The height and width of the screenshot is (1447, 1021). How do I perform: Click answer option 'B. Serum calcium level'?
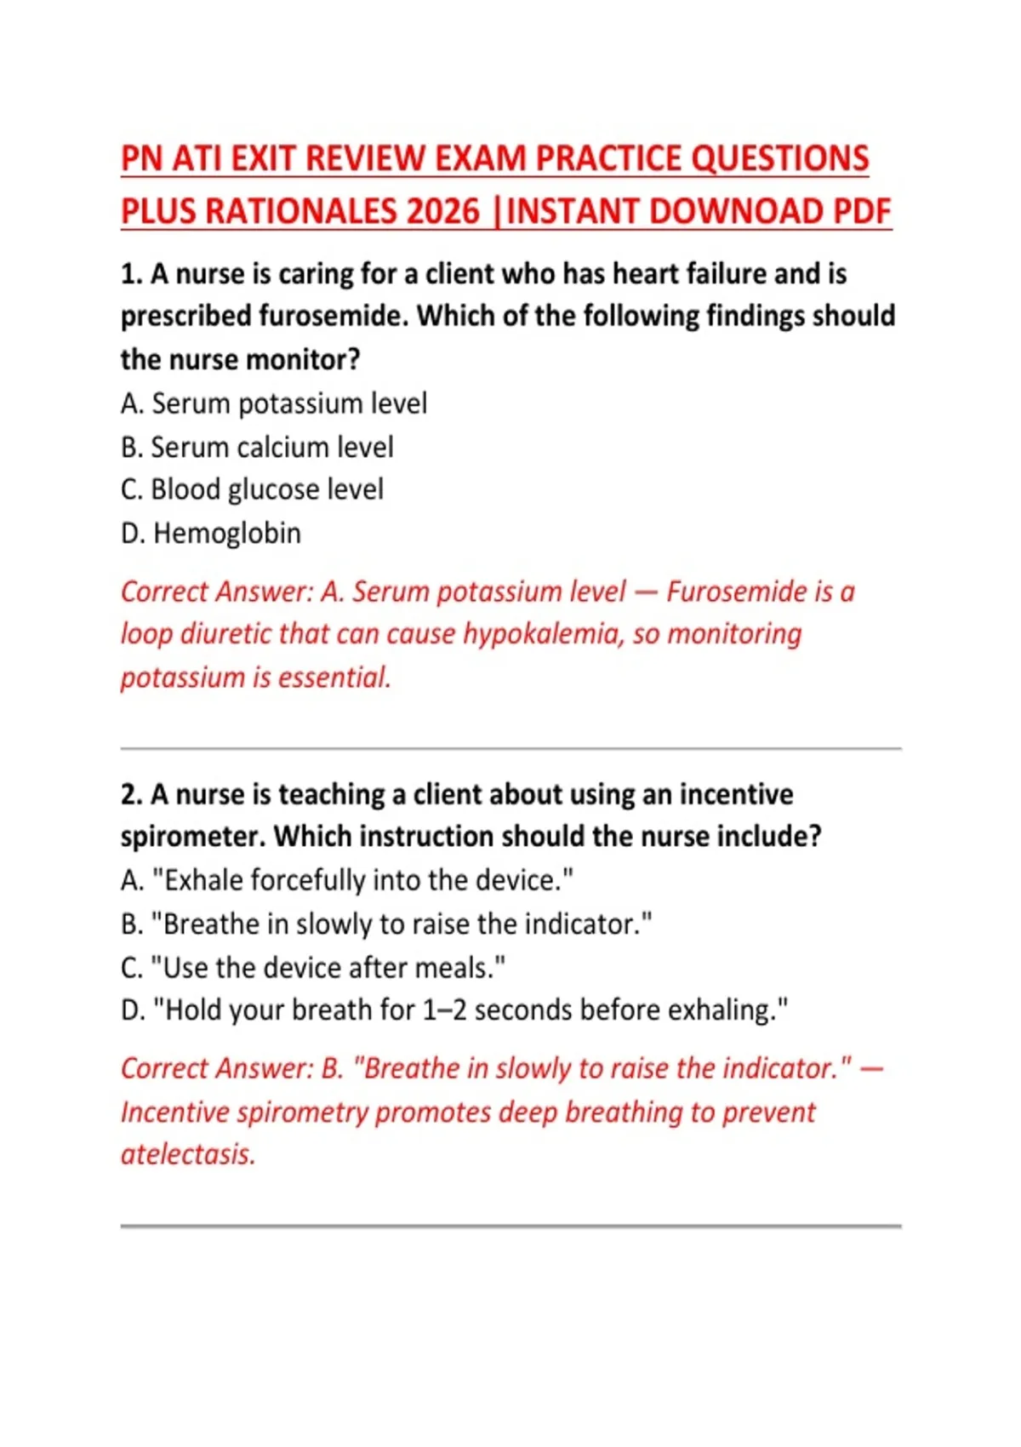click(257, 447)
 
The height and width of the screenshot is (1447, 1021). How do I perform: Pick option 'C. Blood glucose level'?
click(252, 489)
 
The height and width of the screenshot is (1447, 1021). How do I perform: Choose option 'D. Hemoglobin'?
click(211, 533)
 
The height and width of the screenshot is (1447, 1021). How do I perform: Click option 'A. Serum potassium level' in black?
click(274, 403)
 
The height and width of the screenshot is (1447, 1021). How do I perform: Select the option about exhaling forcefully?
click(347, 880)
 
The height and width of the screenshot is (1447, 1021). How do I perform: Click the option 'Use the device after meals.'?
click(313, 968)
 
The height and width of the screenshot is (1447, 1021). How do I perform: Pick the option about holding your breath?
click(454, 1010)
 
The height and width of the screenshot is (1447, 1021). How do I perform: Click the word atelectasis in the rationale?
click(188, 1155)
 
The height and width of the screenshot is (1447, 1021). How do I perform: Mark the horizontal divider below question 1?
click(510, 749)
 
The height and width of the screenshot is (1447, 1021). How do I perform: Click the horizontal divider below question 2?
click(510, 1227)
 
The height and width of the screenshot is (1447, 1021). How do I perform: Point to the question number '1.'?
click(131, 274)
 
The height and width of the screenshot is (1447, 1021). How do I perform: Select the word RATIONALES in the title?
click(300, 211)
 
